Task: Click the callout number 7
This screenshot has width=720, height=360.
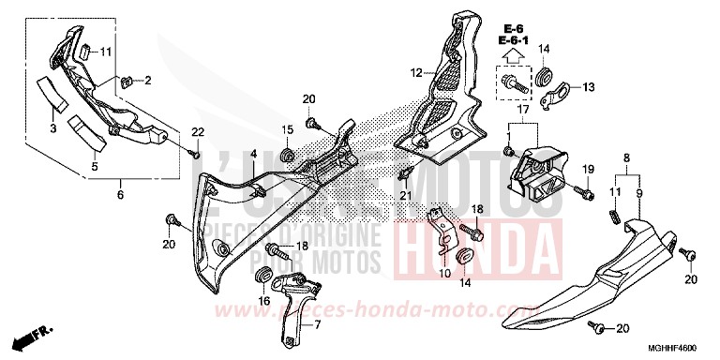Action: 317,324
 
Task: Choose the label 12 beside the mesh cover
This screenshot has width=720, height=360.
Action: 415,71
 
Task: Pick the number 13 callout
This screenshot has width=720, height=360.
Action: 590,88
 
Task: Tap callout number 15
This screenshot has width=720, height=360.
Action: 289,128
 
